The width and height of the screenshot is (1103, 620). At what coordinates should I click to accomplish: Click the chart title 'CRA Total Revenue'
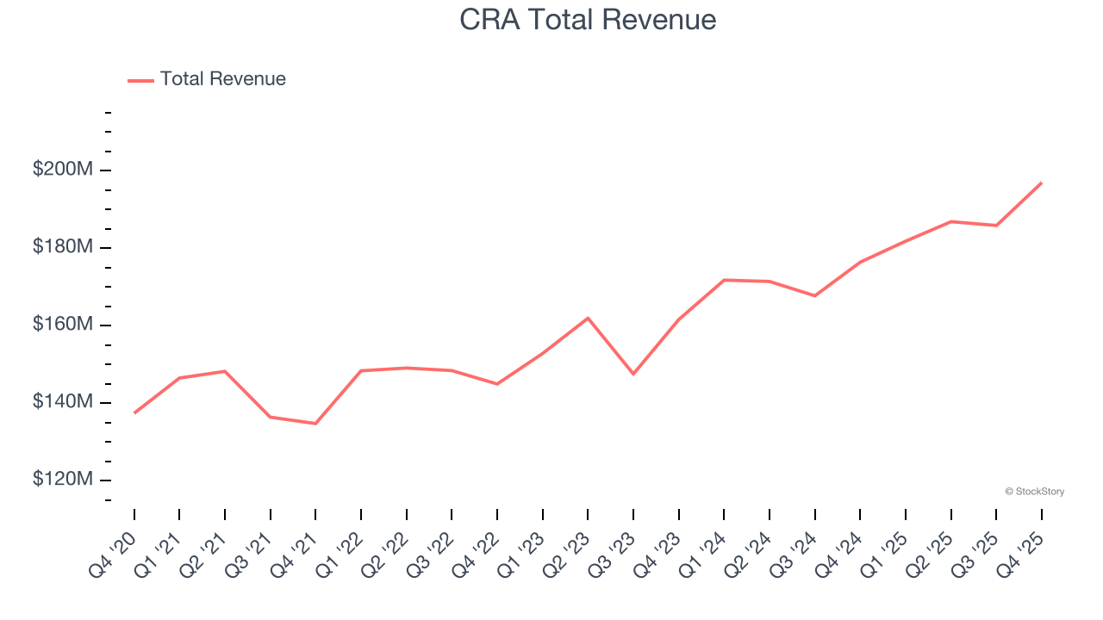(x=589, y=19)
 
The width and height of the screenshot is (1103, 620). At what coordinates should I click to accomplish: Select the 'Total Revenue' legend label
(x=222, y=79)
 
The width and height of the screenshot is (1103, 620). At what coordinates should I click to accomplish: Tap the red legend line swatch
(x=140, y=80)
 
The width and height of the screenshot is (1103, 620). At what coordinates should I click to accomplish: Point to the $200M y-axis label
(x=63, y=170)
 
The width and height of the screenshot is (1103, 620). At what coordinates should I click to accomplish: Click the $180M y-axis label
(x=63, y=247)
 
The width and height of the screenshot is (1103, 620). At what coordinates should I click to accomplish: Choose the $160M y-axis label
(x=63, y=325)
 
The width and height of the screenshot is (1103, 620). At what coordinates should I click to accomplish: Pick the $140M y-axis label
(x=63, y=402)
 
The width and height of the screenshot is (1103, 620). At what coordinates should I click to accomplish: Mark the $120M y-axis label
(x=63, y=480)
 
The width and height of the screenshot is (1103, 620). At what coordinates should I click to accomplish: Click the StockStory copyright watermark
(x=1034, y=492)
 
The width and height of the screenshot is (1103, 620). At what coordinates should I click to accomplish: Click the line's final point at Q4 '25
(x=1041, y=183)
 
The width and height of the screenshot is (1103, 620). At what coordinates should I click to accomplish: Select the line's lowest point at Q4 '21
(x=315, y=423)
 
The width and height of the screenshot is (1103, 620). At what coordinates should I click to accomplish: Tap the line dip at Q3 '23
(x=633, y=374)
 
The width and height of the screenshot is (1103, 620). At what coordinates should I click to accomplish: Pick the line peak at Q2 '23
(x=588, y=318)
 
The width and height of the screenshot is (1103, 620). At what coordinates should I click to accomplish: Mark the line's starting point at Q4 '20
(x=134, y=412)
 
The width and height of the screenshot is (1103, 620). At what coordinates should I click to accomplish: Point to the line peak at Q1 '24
(x=724, y=280)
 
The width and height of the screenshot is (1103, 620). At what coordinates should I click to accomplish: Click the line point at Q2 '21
(x=225, y=371)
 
